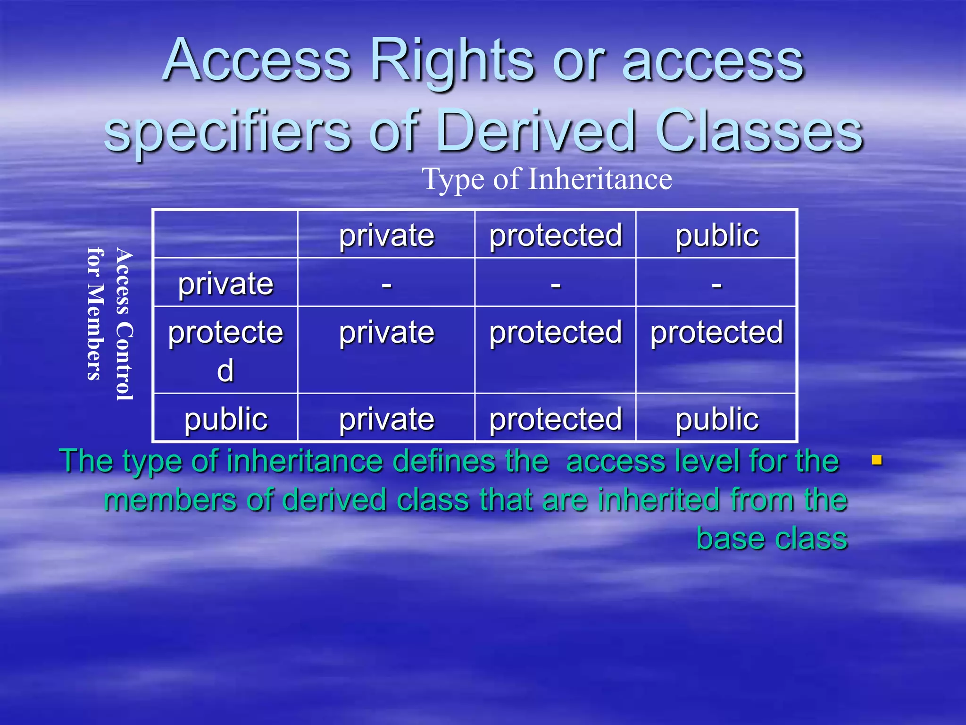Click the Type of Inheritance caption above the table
[x=547, y=179]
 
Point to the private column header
[x=386, y=235]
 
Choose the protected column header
[x=556, y=235]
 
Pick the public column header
[x=716, y=235]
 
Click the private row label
[x=225, y=284]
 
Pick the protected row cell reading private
[x=386, y=332]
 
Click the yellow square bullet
[x=877, y=460]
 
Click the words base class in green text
[x=772, y=538]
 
